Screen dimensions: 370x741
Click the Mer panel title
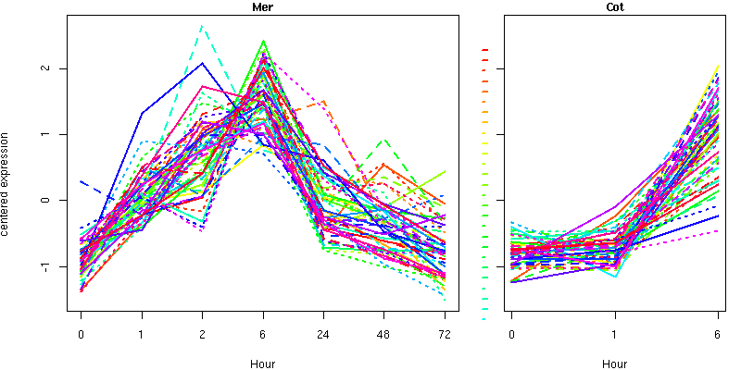[x=262, y=7]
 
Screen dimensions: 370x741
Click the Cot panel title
[x=615, y=7]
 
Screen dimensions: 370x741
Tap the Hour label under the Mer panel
[x=262, y=364]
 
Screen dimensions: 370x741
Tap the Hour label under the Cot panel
[x=615, y=364]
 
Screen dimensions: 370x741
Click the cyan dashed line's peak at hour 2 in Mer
[x=202, y=27]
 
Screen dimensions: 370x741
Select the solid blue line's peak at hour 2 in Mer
[x=203, y=63]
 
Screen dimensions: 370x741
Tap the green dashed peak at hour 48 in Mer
[x=384, y=139]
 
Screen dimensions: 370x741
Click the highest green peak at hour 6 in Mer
[x=263, y=41]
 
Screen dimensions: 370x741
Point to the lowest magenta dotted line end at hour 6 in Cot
[x=718, y=230]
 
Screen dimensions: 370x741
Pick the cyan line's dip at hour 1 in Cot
[x=615, y=277]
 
